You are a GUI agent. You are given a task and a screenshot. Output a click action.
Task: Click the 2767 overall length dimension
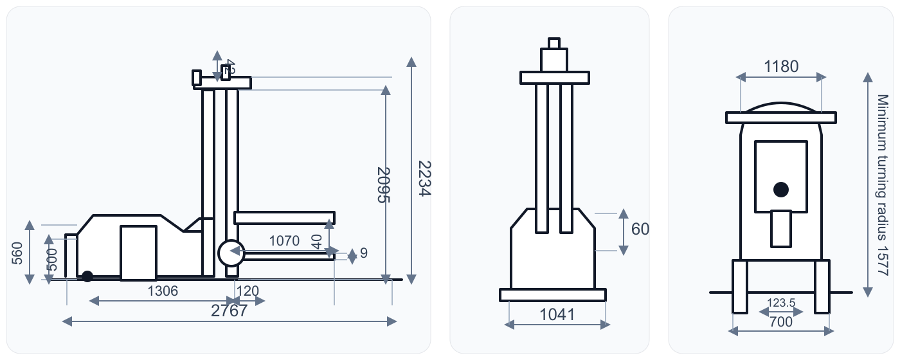(x=230, y=311)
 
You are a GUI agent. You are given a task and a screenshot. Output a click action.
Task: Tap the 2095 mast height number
(x=384, y=184)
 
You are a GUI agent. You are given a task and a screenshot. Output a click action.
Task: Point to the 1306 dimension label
(x=163, y=291)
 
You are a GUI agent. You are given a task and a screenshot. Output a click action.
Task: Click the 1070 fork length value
(x=284, y=241)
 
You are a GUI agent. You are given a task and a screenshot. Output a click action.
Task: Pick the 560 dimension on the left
(x=17, y=253)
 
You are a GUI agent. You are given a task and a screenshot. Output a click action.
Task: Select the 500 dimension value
(x=53, y=259)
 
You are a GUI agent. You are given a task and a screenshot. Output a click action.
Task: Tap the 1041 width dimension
(x=557, y=314)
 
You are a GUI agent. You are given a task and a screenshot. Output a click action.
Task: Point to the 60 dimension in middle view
(x=640, y=229)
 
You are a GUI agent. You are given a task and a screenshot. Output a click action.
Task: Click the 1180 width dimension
(x=781, y=67)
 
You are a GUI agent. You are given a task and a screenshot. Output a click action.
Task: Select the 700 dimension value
(x=781, y=322)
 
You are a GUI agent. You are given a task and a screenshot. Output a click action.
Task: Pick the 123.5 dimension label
(x=782, y=302)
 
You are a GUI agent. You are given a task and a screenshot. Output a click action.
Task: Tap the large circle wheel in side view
(x=231, y=253)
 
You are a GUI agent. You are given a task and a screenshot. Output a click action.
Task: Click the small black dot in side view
(x=87, y=276)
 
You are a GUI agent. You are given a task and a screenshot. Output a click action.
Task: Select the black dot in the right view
(x=781, y=189)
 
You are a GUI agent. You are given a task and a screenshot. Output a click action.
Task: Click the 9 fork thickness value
(x=364, y=253)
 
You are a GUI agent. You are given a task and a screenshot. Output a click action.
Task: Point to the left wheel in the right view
(x=740, y=286)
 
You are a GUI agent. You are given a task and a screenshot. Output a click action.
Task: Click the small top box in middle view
(x=554, y=43)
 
